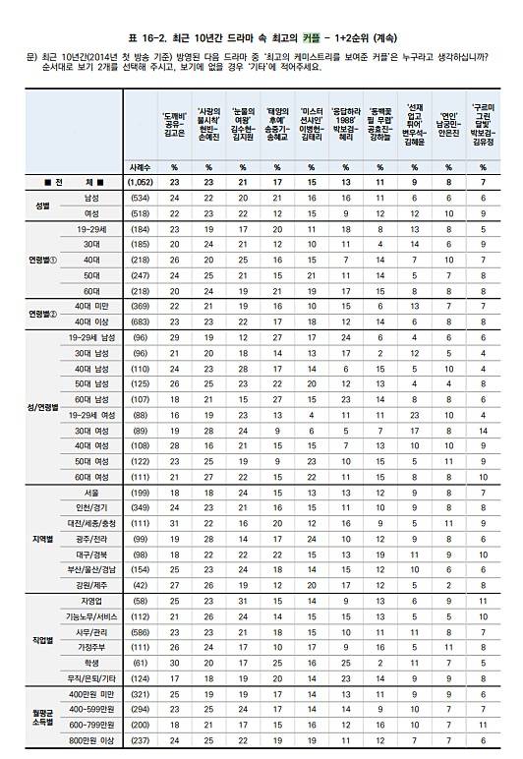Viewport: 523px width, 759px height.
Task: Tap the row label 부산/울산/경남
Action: pos(89,568)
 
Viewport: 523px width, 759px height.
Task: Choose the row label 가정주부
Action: pos(89,649)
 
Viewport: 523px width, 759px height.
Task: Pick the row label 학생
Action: pos(89,663)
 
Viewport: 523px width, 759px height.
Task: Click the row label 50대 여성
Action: pos(89,461)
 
